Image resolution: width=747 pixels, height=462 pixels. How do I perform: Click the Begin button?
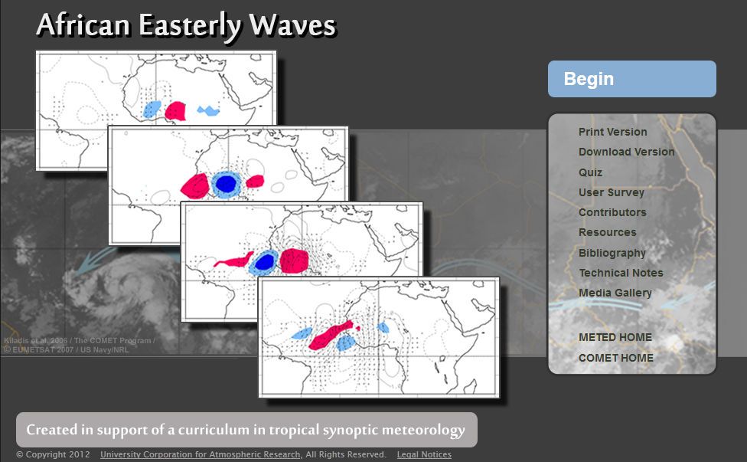(x=631, y=79)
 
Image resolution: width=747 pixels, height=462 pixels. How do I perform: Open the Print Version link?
(x=612, y=132)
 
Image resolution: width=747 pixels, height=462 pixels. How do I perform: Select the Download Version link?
(x=626, y=152)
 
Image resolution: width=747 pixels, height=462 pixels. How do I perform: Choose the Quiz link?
(x=590, y=172)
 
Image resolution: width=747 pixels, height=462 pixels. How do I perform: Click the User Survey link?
(x=611, y=192)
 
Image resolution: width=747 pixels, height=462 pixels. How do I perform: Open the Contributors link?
(x=612, y=212)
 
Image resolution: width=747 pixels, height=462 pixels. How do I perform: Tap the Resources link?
(x=607, y=232)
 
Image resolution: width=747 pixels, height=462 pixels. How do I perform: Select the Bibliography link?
(x=612, y=253)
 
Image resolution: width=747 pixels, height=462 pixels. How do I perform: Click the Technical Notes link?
(x=621, y=273)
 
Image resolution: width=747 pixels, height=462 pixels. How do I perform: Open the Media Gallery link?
(x=615, y=293)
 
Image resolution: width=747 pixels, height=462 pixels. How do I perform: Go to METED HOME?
(x=615, y=337)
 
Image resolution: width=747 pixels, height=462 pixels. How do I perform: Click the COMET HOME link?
(x=615, y=358)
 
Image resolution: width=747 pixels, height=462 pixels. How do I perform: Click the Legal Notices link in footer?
(x=424, y=455)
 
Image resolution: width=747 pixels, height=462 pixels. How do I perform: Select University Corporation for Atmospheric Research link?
(x=201, y=455)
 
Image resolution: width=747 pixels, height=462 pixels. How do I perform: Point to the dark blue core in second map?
(x=226, y=184)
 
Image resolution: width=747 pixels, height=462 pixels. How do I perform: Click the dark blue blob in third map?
(x=265, y=262)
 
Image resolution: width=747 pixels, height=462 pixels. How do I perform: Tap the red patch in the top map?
(x=176, y=111)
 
